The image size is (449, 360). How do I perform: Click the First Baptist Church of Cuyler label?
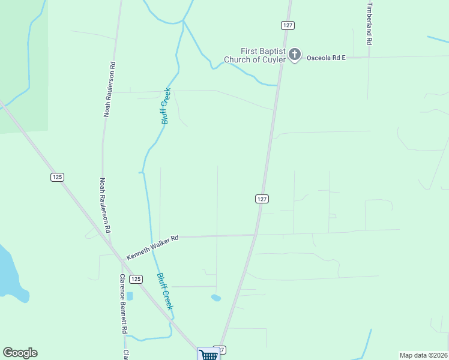[255, 55]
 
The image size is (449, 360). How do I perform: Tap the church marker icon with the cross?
[294, 55]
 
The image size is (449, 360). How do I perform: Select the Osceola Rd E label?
[327, 58]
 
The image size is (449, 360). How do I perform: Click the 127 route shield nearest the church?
[286, 25]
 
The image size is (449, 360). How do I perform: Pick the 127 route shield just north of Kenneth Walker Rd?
[261, 199]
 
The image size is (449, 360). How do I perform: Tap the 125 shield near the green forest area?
[57, 177]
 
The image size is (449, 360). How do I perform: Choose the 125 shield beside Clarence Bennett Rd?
[136, 279]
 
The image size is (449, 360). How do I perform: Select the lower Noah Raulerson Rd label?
[105, 205]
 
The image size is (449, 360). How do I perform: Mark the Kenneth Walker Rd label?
[152, 247]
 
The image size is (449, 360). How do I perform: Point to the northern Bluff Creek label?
[166, 106]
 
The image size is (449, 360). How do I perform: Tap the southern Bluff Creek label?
[164, 291]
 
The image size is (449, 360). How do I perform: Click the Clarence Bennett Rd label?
[123, 304]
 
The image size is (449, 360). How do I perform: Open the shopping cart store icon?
[208, 354]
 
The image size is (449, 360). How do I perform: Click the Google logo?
[20, 353]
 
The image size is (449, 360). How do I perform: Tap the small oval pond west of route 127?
[216, 298]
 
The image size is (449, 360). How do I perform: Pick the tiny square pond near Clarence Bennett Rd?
[130, 296]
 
